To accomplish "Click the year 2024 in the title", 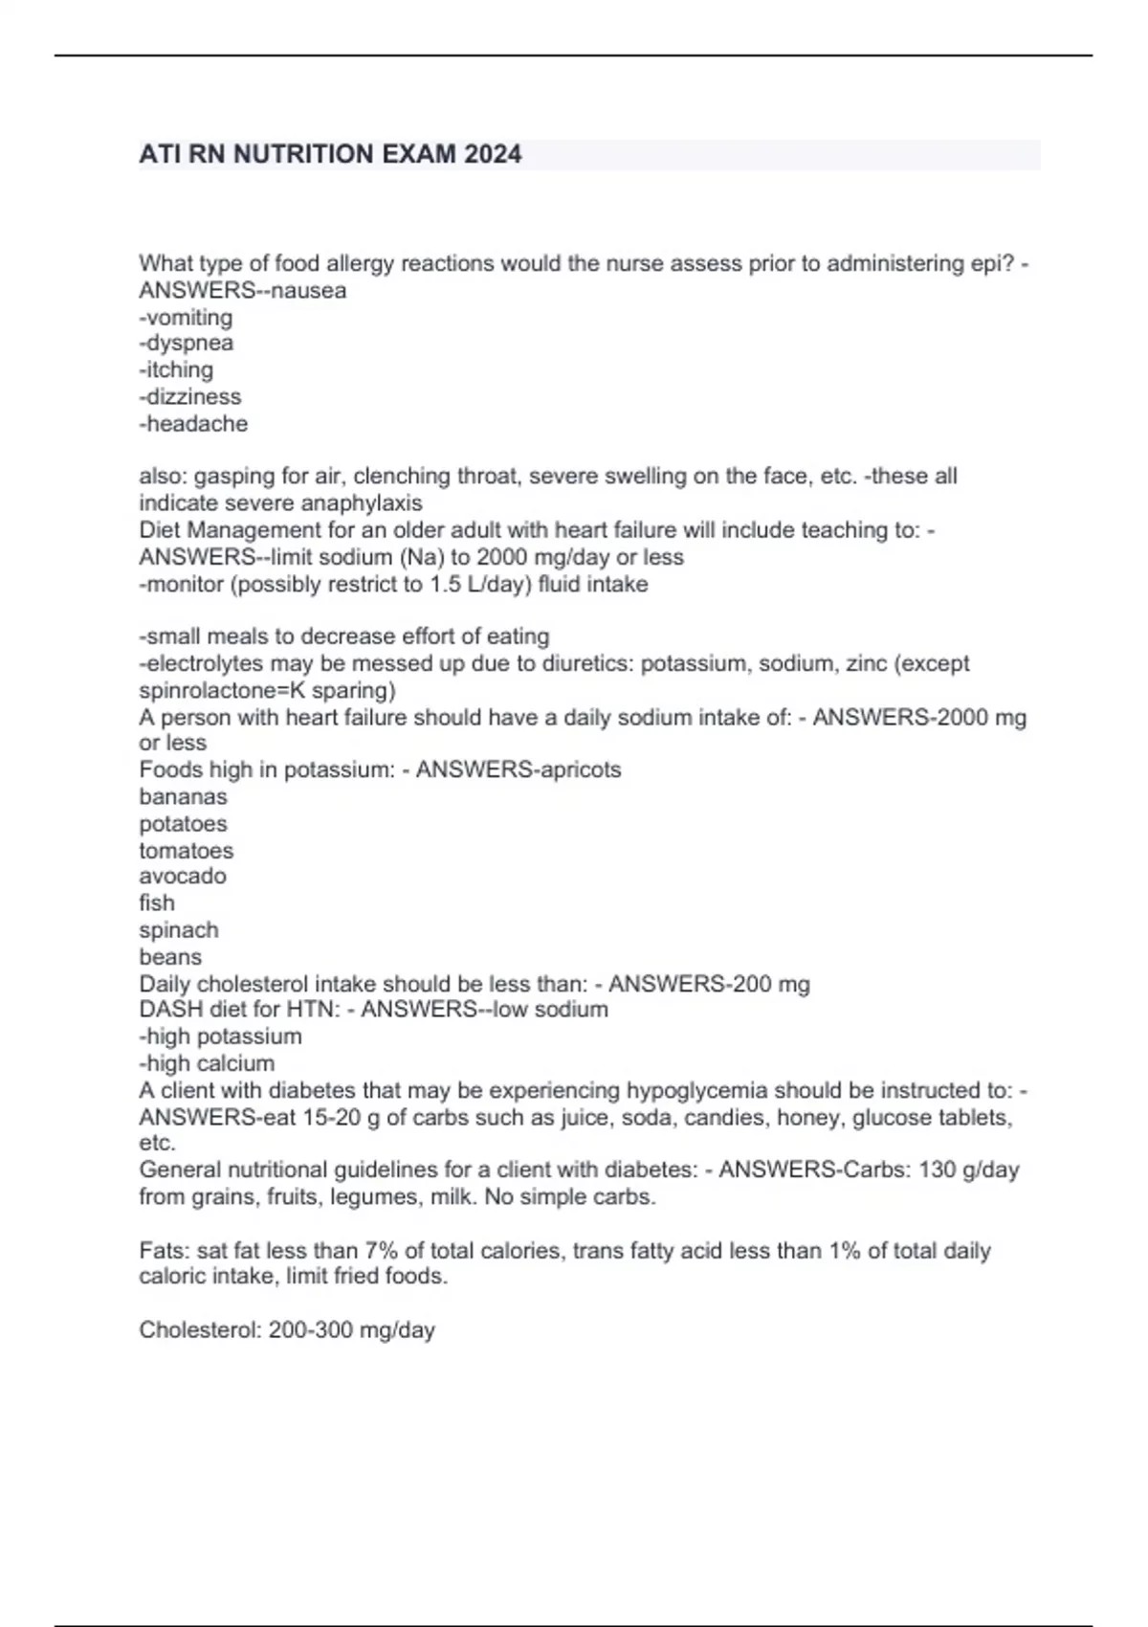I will point(493,154).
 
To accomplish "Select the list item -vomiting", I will point(186,317).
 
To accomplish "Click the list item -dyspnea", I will point(187,343).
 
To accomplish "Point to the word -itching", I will point(176,369).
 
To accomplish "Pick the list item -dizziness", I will point(190,396).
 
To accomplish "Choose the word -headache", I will point(193,423).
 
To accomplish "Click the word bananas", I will point(183,796).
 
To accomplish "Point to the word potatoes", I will point(183,823).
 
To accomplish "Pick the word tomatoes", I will point(186,850).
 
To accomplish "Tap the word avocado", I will point(183,876).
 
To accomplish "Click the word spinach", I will point(179,929).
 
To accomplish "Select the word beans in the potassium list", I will point(170,956).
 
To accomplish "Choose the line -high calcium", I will point(207,1062).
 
